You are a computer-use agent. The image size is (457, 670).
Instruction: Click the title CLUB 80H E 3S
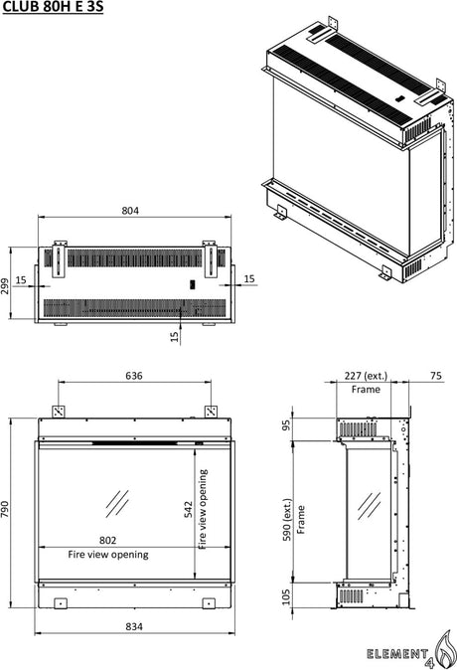point(53,7)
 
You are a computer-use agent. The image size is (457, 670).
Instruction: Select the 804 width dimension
point(130,211)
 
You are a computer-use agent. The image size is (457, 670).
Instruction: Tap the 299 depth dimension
point(5,286)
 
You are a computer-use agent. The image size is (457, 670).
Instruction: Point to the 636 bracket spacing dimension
point(134,376)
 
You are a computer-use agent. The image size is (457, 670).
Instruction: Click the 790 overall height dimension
point(5,509)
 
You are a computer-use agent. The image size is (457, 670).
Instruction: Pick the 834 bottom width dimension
point(134,626)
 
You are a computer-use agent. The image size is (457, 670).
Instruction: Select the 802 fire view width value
point(107,540)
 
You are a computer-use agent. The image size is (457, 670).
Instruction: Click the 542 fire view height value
point(189,509)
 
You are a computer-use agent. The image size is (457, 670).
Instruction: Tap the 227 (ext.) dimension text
point(366,376)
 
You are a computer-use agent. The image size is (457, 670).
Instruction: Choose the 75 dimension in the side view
point(436,376)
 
